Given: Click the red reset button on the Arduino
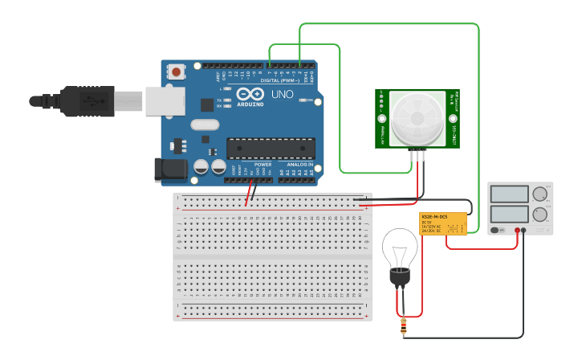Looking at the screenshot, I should (176, 72).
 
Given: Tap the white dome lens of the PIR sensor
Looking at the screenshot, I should (417, 118).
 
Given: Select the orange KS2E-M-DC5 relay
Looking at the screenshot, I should (443, 223).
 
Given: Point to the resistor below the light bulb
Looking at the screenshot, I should (403, 326).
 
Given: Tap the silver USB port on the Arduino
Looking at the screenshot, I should (165, 101).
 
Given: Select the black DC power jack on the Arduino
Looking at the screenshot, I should (169, 169).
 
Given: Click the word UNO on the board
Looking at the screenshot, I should (283, 95).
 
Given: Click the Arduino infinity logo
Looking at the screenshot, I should (250, 94).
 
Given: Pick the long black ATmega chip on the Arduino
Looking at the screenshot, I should (271, 149).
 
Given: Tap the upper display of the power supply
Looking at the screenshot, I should (509, 194).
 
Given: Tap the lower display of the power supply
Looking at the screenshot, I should (509, 214).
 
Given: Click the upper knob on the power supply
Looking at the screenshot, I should (540, 194).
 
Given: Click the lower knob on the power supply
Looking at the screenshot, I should (540, 214).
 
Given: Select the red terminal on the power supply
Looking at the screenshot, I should (518, 231).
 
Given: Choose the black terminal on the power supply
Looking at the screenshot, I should (524, 231).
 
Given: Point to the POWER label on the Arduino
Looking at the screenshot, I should (263, 164).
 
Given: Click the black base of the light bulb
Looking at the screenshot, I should (399, 278).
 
